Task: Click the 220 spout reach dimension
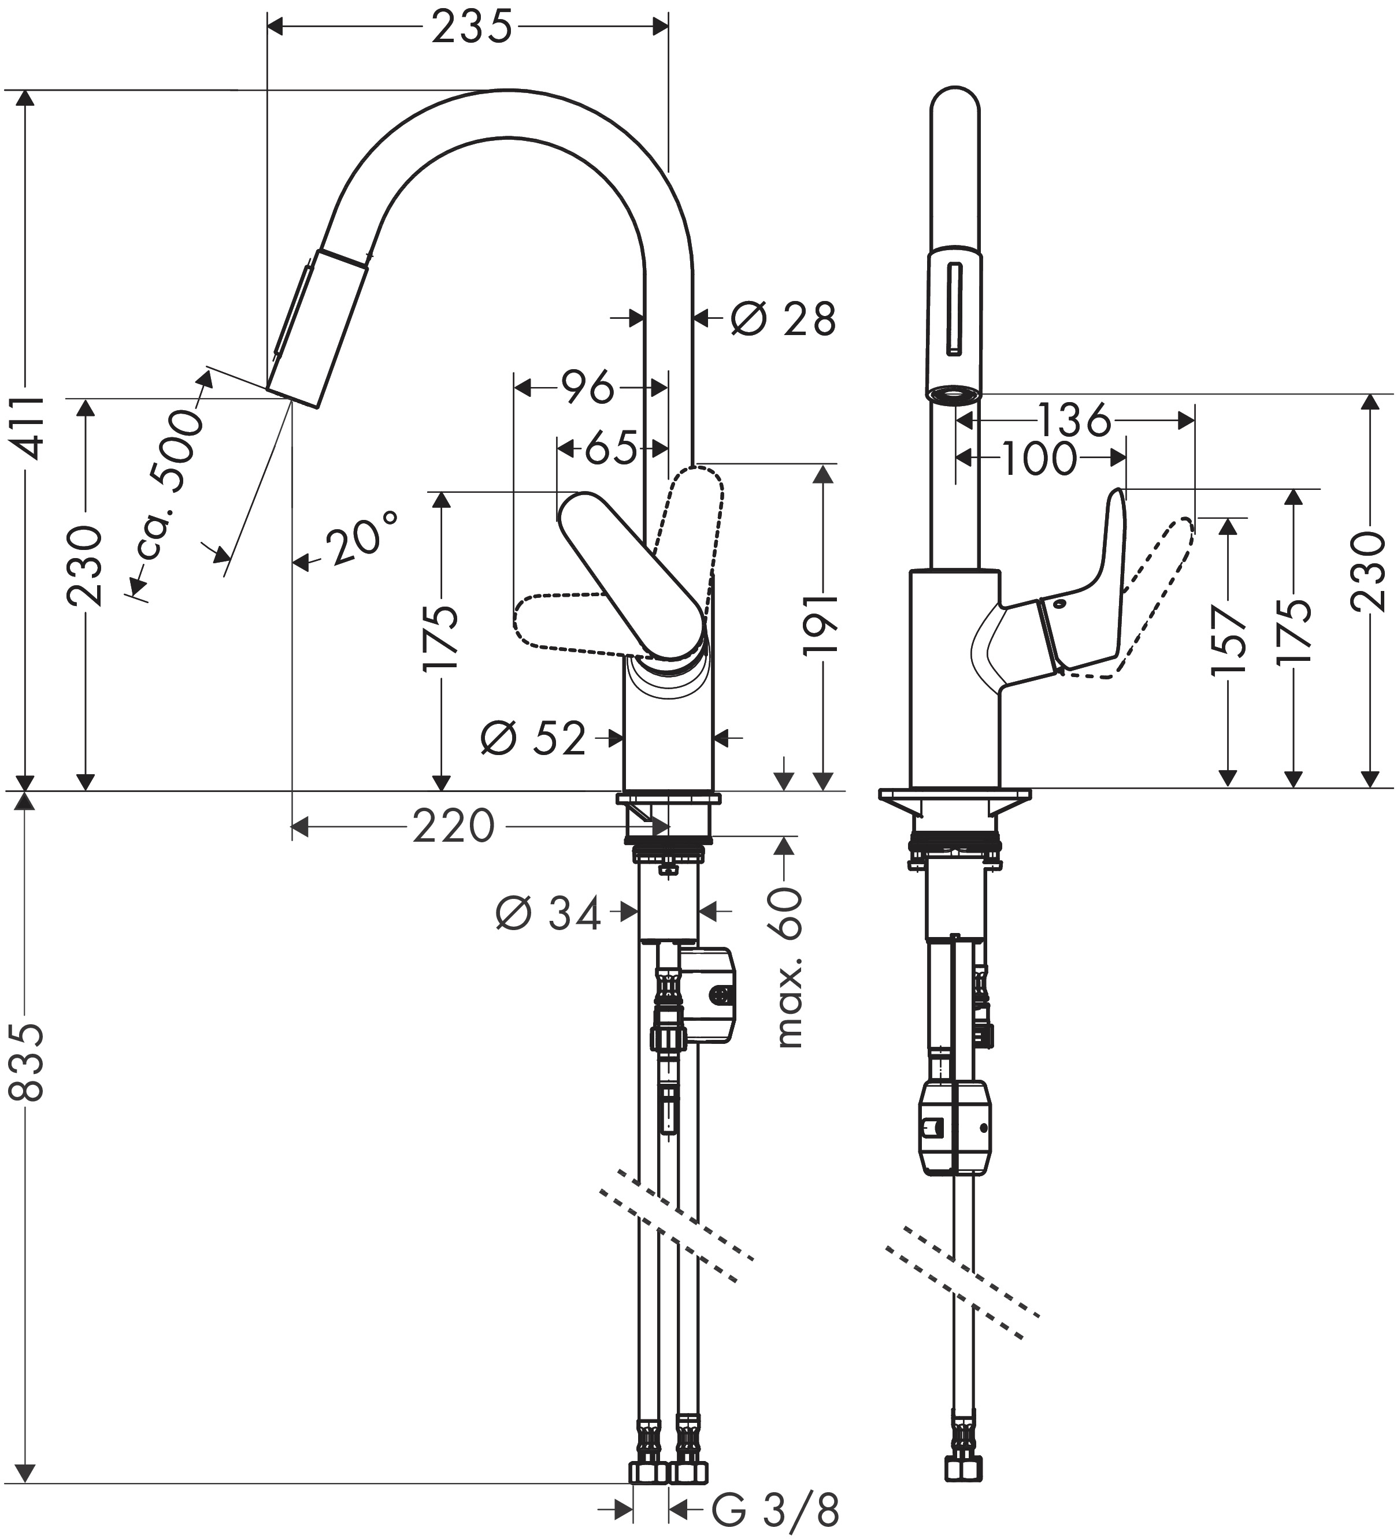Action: [x=454, y=826]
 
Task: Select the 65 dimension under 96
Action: [x=610, y=448]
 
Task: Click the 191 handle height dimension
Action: [x=822, y=623]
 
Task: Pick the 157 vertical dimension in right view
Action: [x=1229, y=640]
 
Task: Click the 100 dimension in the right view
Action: [x=1039, y=458]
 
